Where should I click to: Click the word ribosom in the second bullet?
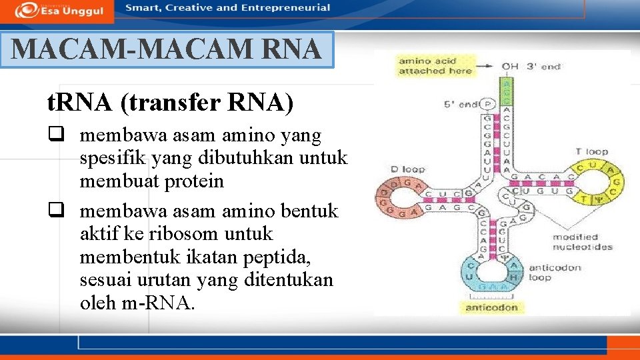coord(203,234)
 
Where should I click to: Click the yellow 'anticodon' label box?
coord(491,307)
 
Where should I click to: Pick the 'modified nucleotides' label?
coord(582,242)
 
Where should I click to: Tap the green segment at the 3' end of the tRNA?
coord(507,89)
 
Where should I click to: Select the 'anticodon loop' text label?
coord(555,272)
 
